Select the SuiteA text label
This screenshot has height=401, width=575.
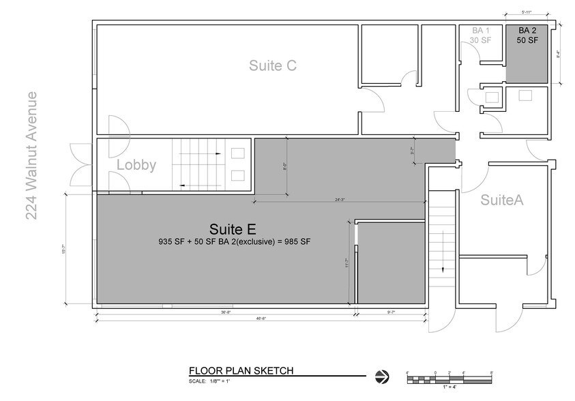tap(501, 200)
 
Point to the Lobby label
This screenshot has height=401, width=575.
tap(136, 165)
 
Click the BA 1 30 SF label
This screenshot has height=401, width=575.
tap(482, 35)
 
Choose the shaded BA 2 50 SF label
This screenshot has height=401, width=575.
tap(528, 35)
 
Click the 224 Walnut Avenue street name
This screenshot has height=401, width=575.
tap(32, 156)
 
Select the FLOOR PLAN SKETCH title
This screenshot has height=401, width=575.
tap(241, 371)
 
